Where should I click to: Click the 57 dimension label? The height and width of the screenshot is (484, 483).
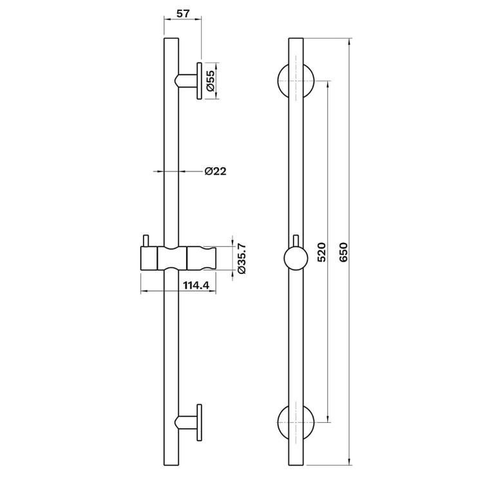tap(183, 14)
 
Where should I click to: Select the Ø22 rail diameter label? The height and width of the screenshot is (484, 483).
tap(216, 171)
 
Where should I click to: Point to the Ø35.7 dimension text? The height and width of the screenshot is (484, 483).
tap(241, 258)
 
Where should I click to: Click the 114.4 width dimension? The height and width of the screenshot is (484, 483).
tap(196, 286)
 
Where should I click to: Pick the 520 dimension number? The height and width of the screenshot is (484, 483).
tap(321, 252)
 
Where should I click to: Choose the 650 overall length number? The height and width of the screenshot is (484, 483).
tap(343, 252)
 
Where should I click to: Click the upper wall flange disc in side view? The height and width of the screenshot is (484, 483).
tap(199, 81)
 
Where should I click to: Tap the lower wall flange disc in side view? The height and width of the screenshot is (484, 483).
tap(199, 422)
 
